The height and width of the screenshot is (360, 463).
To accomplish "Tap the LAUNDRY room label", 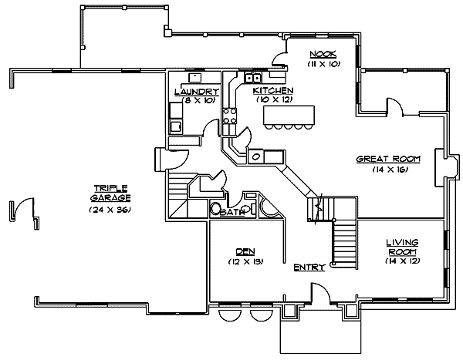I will click(196, 92).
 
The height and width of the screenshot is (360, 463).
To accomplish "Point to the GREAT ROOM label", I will click(388, 159).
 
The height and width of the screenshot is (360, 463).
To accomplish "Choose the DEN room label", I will click(245, 252).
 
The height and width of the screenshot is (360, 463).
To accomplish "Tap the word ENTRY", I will click(309, 268).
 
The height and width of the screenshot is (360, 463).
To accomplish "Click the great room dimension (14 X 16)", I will click(388, 169).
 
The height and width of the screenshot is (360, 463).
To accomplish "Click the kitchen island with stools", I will click(291, 116).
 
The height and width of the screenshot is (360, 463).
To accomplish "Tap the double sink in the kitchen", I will click(252, 77).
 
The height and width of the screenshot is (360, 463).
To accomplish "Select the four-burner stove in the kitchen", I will click(229, 116).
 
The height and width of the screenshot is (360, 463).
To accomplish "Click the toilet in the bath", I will click(217, 209).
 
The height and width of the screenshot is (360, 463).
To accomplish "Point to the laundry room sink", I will click(195, 77).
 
